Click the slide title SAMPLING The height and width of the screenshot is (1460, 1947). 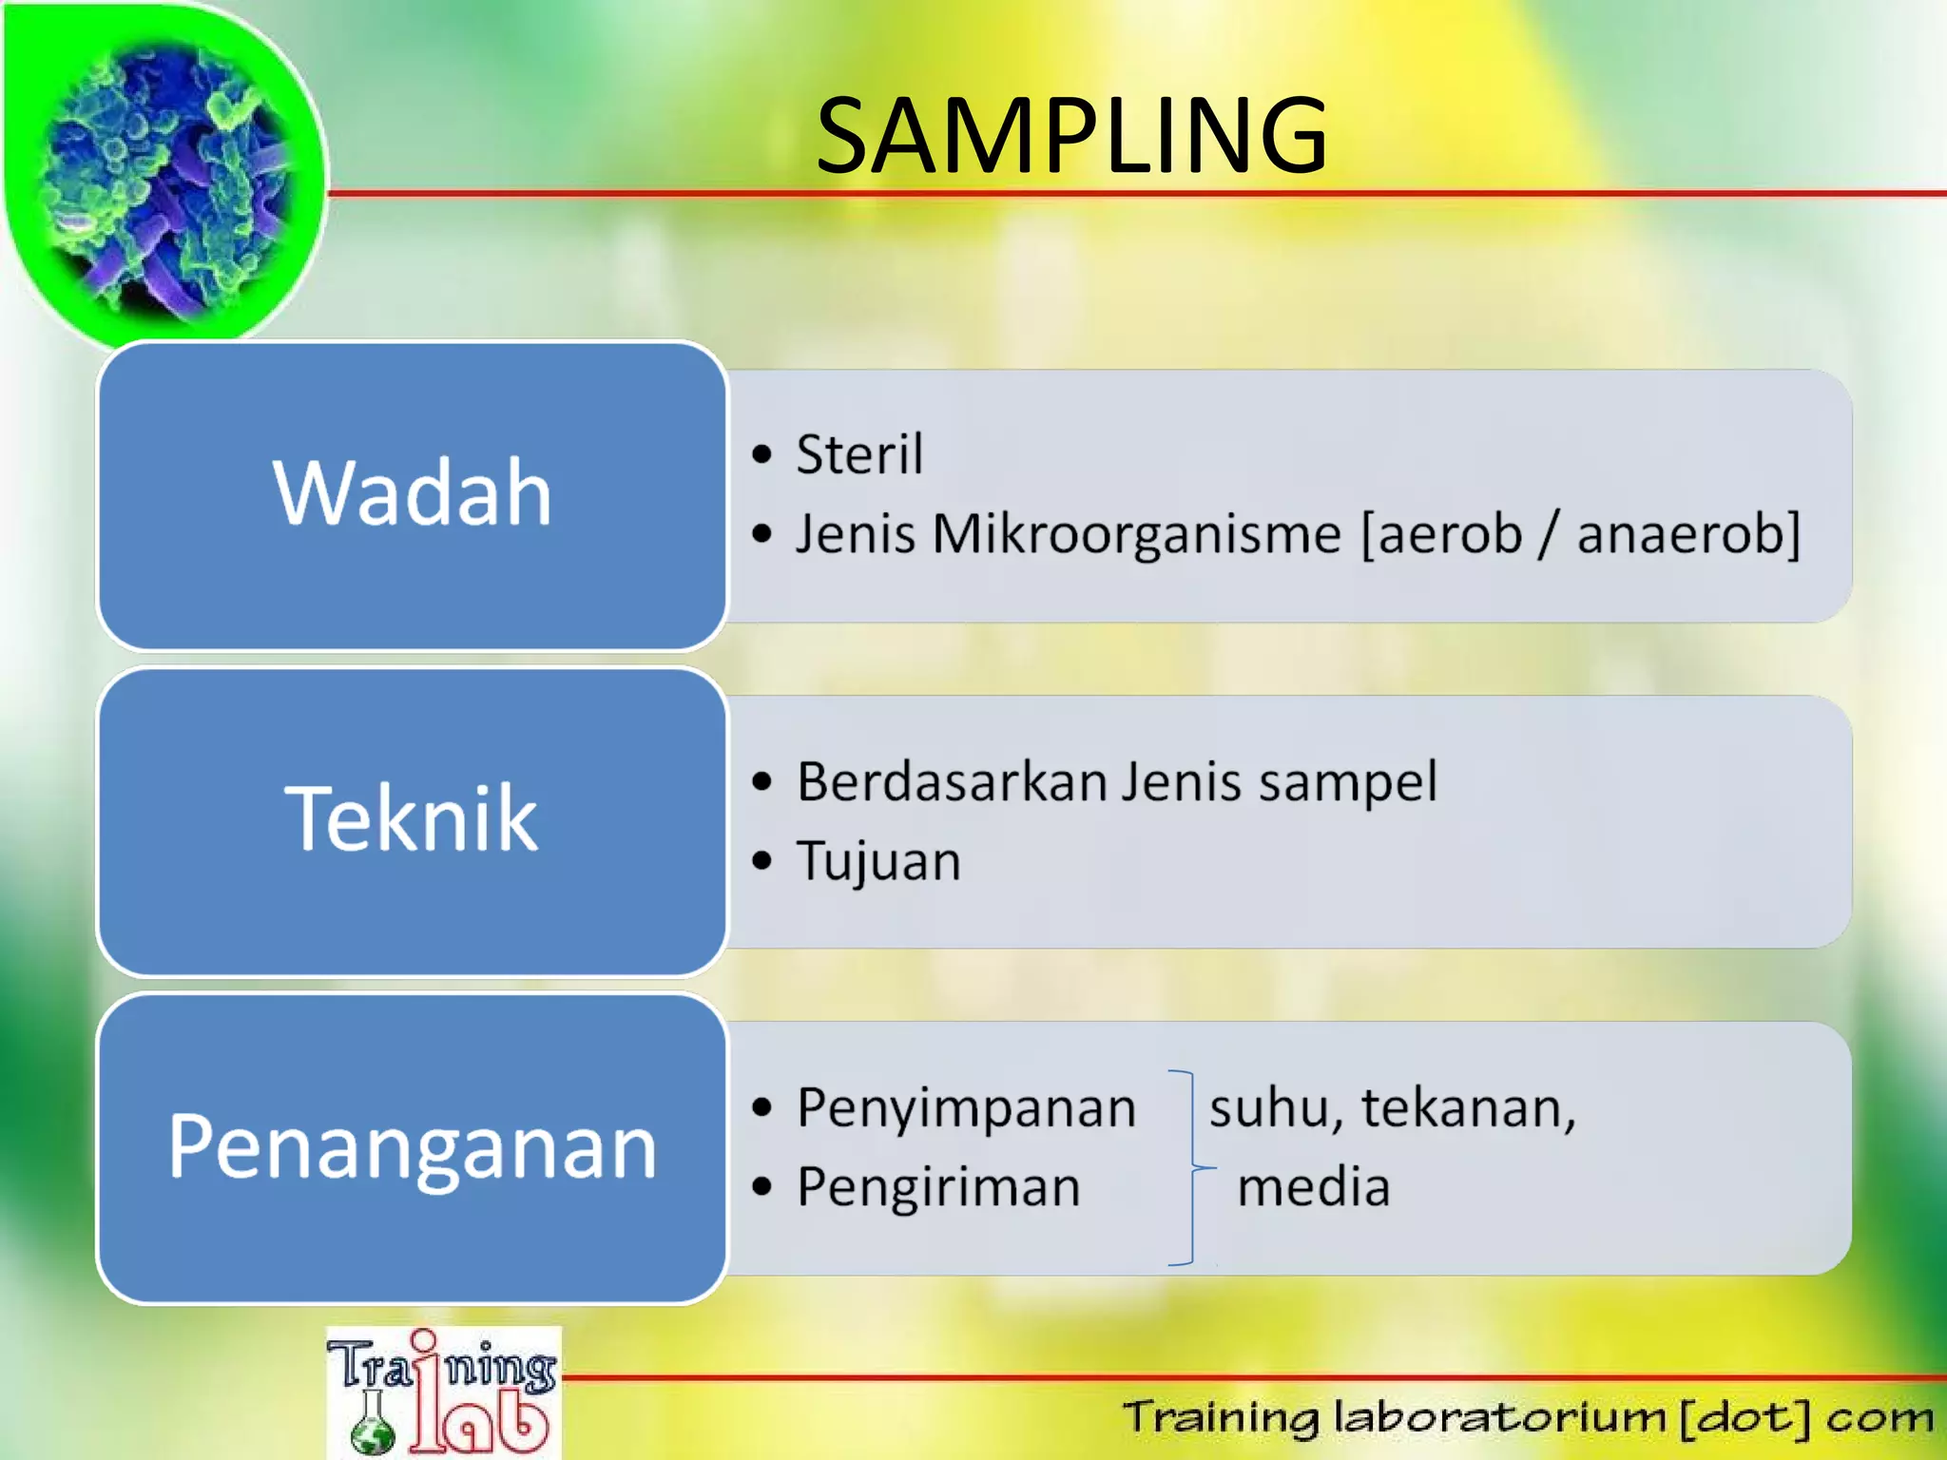click(x=1071, y=136)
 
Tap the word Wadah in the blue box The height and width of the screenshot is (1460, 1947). click(x=412, y=492)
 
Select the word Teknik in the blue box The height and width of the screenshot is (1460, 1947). click(x=412, y=818)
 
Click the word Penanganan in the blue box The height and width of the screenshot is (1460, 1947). click(x=412, y=1146)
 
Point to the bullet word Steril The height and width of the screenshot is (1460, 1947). click(x=859, y=454)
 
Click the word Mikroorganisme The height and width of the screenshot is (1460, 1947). click(x=1136, y=534)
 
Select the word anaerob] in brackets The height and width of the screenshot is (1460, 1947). click(x=1688, y=534)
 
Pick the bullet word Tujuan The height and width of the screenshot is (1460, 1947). click(x=878, y=862)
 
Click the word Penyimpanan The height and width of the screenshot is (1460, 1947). click(x=966, y=1109)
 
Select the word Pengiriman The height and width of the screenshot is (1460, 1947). click(x=938, y=1188)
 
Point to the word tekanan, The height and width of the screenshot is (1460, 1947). click(x=1469, y=1109)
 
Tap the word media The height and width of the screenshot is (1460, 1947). click(x=1314, y=1188)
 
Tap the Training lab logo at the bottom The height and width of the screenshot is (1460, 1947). click(x=443, y=1393)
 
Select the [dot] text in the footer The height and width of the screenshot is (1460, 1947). click(x=1745, y=1417)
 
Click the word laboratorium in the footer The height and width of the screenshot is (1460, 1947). click(x=1499, y=1417)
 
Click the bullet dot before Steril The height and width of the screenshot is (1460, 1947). click(x=761, y=454)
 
